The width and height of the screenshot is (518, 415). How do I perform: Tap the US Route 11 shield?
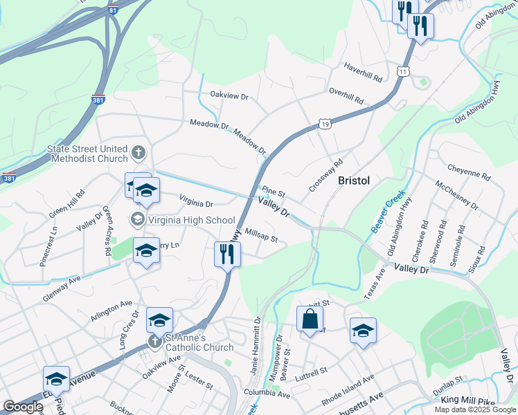click(402, 71)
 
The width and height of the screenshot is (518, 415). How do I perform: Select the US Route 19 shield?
click(325, 124)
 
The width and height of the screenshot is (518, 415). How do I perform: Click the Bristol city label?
click(354, 181)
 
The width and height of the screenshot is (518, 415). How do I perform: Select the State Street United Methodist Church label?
click(87, 154)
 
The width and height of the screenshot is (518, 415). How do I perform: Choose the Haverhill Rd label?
click(364, 71)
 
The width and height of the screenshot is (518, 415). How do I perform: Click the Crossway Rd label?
click(326, 176)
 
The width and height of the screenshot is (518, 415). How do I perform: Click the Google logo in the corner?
click(23, 407)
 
